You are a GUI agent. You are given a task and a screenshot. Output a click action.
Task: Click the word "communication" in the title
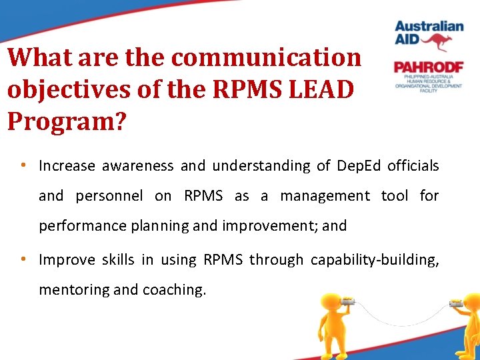(266, 57)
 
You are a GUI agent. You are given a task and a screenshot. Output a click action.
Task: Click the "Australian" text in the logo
(429, 27)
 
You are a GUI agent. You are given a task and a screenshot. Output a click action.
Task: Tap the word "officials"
(417, 165)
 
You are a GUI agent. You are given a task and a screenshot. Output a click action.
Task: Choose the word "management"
(325, 195)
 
